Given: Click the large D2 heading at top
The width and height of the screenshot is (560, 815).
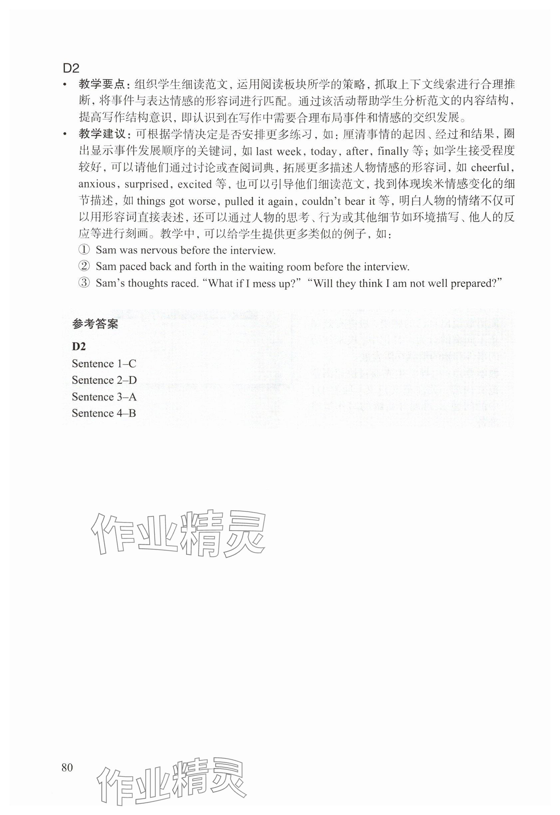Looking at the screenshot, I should [x=71, y=68].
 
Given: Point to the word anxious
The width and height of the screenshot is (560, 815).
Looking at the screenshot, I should [x=97, y=184].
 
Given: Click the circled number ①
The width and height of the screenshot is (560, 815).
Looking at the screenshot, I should [x=84, y=250].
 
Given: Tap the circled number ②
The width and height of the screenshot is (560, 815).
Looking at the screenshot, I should [x=84, y=267].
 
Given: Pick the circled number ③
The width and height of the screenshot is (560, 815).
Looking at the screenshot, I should [x=84, y=283].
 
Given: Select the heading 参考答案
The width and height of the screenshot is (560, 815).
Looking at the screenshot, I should [x=95, y=324].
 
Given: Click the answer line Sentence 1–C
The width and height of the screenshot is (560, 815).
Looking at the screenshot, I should [x=104, y=364].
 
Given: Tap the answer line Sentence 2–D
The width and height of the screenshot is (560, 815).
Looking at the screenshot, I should [x=104, y=380].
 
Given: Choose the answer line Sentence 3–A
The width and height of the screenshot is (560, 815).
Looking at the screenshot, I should [x=104, y=397].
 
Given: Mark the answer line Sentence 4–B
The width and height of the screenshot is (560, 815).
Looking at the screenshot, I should [x=104, y=413].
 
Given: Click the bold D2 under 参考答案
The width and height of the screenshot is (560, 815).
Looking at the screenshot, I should [x=79, y=346].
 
